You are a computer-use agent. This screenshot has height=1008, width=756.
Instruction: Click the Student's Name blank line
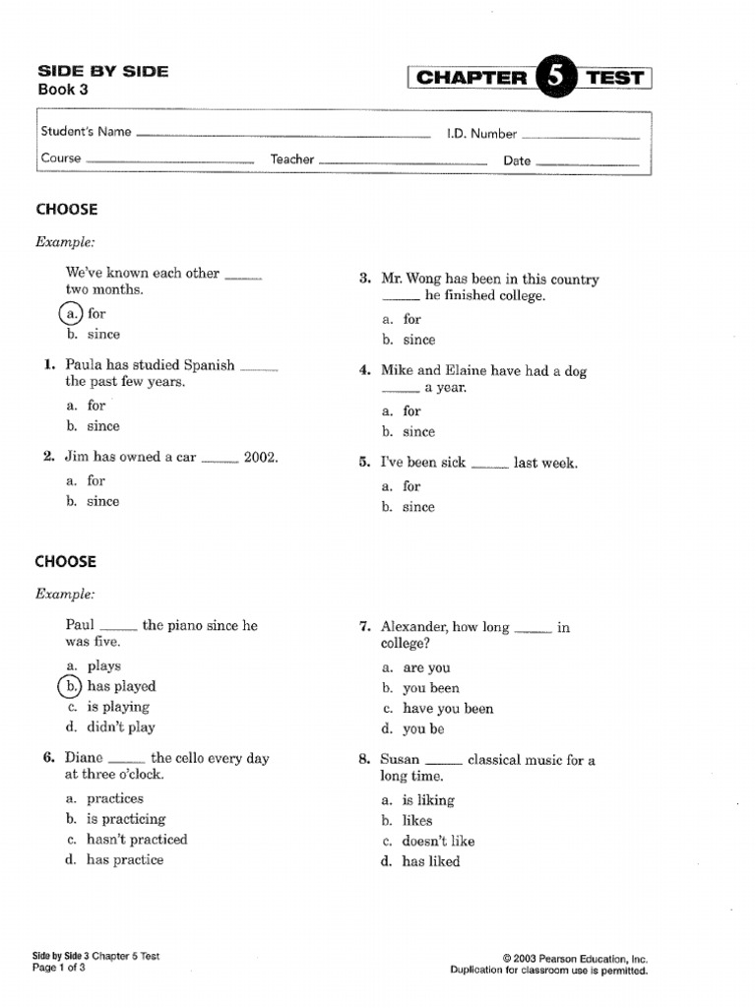[x=283, y=135]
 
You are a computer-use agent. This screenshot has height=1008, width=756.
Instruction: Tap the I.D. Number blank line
[x=580, y=137]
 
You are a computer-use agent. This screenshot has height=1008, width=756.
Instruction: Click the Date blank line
[x=588, y=162]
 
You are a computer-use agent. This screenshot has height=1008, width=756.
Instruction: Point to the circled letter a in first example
[x=71, y=313]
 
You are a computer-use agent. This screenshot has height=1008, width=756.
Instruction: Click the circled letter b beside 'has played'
[x=71, y=686]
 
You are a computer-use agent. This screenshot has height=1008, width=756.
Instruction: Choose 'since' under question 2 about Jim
[x=102, y=501]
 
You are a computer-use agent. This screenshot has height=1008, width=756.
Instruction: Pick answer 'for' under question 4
[x=411, y=410]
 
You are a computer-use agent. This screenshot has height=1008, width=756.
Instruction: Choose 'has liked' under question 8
[x=430, y=861]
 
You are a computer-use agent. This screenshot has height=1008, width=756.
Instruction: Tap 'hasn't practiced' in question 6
[x=137, y=840]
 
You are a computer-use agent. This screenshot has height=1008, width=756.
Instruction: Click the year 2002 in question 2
[x=261, y=457]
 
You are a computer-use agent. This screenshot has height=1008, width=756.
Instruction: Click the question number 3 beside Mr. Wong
[x=364, y=280]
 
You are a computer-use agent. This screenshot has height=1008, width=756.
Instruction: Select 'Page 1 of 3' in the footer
[x=60, y=969]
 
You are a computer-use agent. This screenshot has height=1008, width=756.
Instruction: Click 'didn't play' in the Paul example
[x=121, y=727]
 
